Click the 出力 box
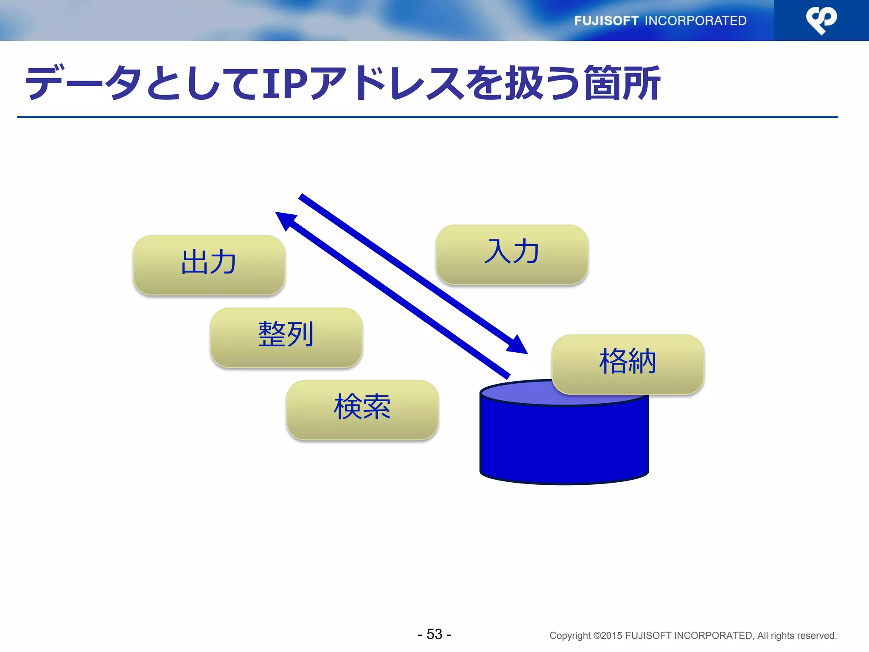click(x=209, y=264)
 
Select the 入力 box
click(x=512, y=254)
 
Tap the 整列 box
click(x=286, y=337)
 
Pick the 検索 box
click(x=362, y=409)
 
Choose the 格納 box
click(x=628, y=364)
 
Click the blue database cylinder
click(x=564, y=441)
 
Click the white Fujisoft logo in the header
click(x=821, y=20)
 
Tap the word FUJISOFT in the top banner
click(x=606, y=21)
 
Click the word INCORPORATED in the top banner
click(x=695, y=21)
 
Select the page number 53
click(x=434, y=634)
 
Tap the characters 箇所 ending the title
click(x=622, y=84)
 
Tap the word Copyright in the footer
click(x=569, y=635)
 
